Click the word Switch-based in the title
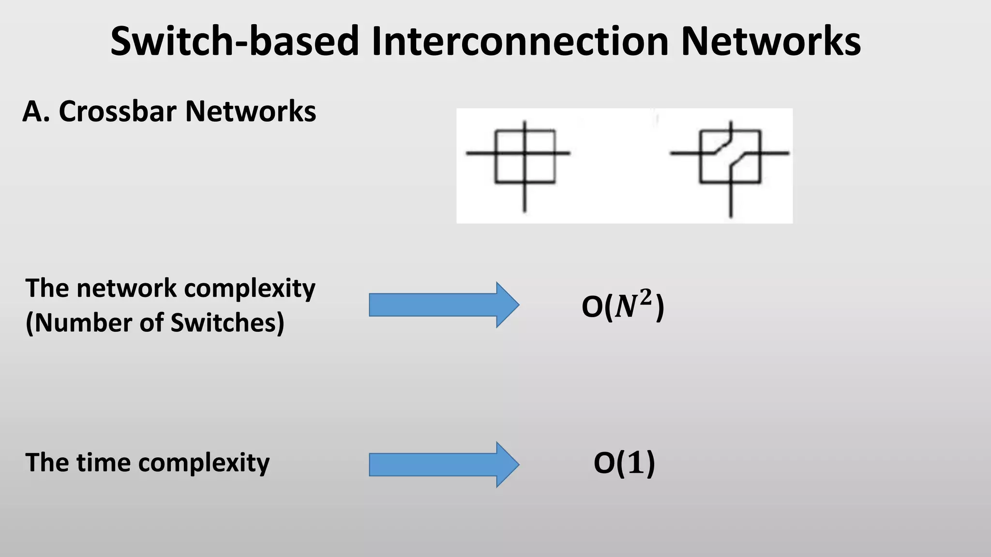click(x=235, y=41)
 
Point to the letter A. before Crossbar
click(x=36, y=112)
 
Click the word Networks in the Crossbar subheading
click(x=251, y=112)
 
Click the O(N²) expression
click(x=623, y=307)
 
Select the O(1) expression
click(x=624, y=463)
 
